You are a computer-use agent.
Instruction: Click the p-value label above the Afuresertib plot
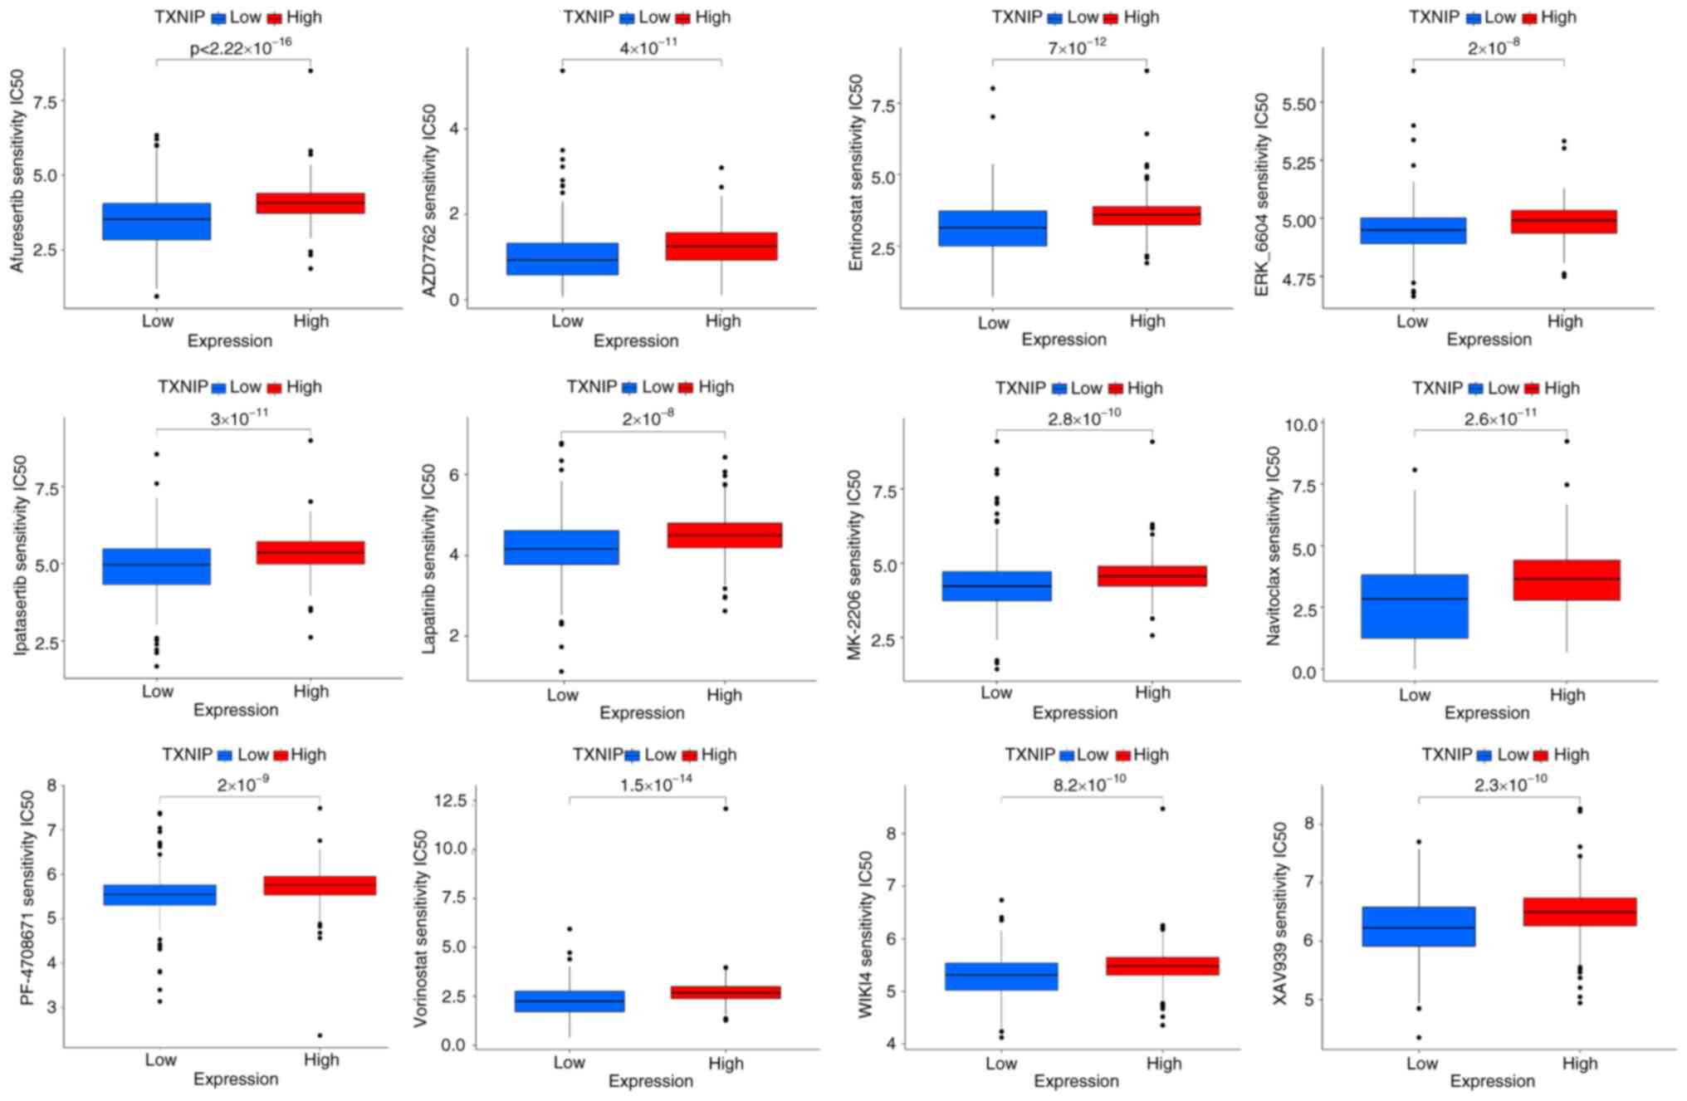click(240, 47)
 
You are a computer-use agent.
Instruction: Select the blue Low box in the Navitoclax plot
click(1414, 606)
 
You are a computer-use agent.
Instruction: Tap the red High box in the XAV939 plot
click(1579, 912)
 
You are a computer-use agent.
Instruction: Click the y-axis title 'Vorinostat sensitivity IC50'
click(421, 928)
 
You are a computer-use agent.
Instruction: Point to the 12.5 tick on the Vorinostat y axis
click(448, 800)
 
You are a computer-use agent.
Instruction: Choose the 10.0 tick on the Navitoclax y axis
click(1301, 425)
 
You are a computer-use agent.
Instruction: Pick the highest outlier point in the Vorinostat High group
click(726, 808)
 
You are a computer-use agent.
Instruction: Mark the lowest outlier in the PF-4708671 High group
click(320, 1035)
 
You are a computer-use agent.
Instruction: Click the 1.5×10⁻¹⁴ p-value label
click(656, 784)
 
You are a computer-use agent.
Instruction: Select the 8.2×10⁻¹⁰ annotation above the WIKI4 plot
click(1089, 783)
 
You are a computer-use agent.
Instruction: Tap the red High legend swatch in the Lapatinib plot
click(686, 388)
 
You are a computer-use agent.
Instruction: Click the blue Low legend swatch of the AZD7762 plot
click(627, 18)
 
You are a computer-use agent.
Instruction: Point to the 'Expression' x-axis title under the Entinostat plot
click(1064, 340)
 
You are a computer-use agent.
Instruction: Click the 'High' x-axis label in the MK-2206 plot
click(1152, 692)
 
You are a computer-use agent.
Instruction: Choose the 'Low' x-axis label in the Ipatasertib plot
click(157, 691)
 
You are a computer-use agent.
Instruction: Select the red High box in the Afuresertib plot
click(311, 203)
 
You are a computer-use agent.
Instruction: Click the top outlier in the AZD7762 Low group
click(562, 71)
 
